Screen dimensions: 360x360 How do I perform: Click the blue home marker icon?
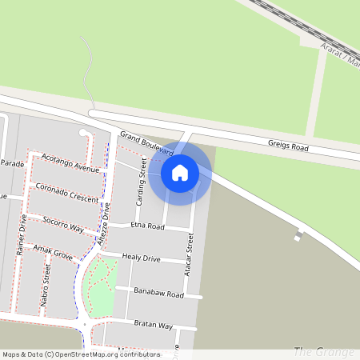[180, 173]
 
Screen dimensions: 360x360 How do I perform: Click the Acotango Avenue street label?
[70, 162]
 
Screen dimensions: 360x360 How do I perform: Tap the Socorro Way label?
[63, 223]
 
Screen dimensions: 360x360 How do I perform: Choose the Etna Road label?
[147, 227]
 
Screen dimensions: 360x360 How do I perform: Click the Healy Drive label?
[141, 258]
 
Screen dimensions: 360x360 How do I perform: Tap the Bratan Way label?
[154, 325]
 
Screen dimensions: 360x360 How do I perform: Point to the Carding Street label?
[142, 182]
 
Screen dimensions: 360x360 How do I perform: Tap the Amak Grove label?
[53, 254]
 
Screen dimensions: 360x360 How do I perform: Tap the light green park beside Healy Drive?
[102, 284]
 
